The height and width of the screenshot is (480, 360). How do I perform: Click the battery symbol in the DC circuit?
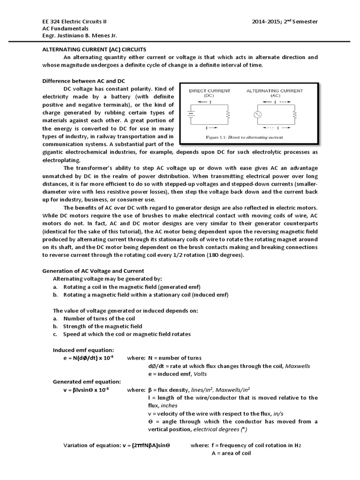(x=189, y=114)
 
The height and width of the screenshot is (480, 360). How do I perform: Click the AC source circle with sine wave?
(x=257, y=114)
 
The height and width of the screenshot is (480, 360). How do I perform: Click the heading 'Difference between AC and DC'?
(x=83, y=81)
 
